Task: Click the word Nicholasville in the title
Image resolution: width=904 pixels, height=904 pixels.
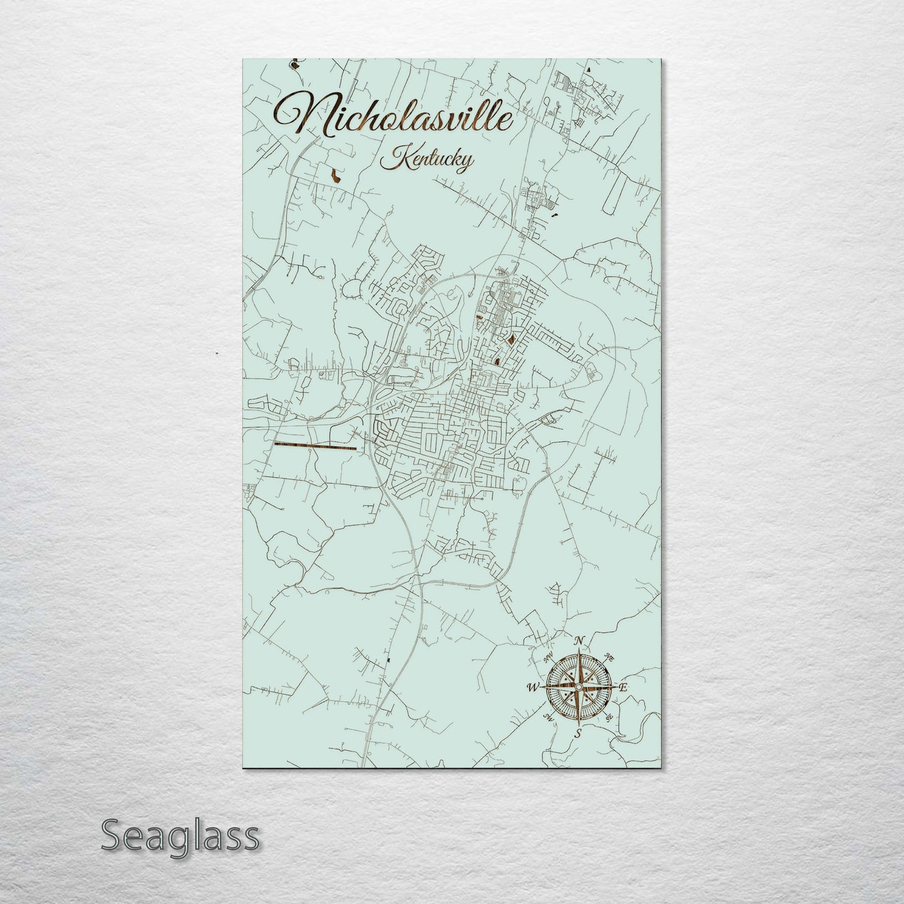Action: [394, 121]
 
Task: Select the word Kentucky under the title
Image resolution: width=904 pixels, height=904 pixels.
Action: [427, 160]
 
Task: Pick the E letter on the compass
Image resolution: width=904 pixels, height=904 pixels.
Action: [624, 688]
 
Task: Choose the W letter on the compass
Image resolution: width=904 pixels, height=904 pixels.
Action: [533, 688]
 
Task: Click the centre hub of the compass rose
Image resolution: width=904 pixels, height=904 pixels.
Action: [579, 688]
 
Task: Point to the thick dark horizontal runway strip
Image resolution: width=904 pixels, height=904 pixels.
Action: [315, 447]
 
